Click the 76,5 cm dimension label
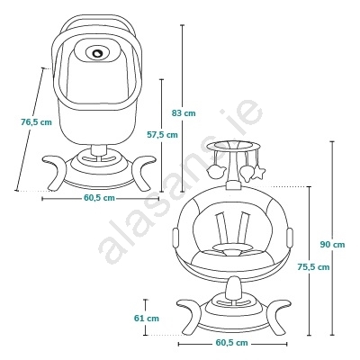(36, 122)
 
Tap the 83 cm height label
(184, 113)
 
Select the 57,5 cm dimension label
(162, 135)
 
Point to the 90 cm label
(332, 245)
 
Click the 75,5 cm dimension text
(313, 266)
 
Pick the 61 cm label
(147, 319)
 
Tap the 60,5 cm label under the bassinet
(99, 198)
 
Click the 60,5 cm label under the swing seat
(232, 343)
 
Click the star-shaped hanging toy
(258, 173)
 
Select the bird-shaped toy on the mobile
(216, 171)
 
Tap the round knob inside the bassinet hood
(97, 53)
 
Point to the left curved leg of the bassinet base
(56, 172)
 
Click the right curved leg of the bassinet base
(143, 172)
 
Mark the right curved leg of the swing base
(276, 316)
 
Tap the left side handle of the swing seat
(175, 238)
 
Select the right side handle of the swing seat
(290, 238)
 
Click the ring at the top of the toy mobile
(232, 146)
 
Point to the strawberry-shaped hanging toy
(246, 173)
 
